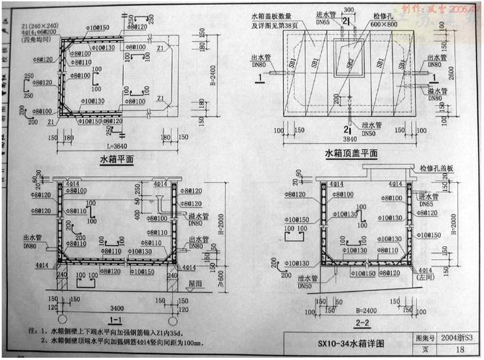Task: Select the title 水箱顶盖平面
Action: click(351, 153)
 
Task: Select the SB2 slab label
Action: click(351, 64)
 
